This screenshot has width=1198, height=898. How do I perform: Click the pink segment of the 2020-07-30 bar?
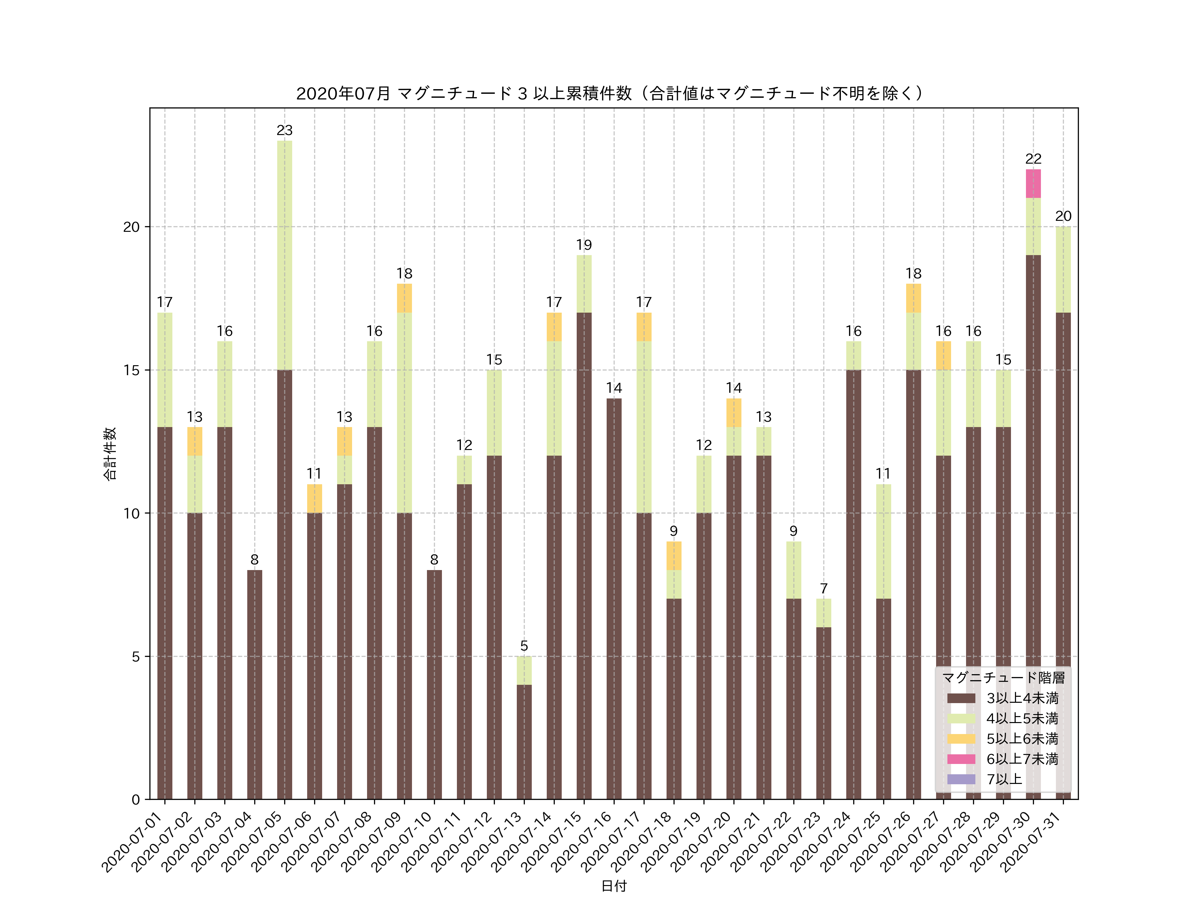pos(1033,184)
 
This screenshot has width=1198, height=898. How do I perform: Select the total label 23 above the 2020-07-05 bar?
pos(284,130)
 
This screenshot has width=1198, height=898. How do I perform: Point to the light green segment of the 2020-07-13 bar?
pos(524,670)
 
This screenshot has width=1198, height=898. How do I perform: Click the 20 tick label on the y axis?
pos(131,227)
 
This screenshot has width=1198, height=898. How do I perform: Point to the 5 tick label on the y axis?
pos(135,657)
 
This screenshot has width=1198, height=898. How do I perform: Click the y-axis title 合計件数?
pos(110,454)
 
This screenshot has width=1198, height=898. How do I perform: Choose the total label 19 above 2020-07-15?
pos(584,245)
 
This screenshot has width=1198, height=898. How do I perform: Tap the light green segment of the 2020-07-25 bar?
pos(883,541)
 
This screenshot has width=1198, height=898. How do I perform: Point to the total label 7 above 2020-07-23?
pos(824,588)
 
